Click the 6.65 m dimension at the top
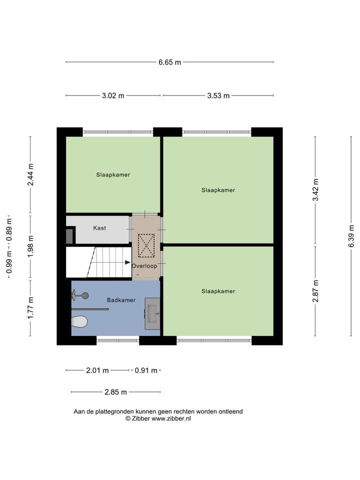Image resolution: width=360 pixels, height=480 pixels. (x=169, y=62)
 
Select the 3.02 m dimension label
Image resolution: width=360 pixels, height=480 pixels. (x=113, y=96)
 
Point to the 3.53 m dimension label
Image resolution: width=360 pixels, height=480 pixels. (x=218, y=96)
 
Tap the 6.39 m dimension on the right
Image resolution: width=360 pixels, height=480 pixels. (x=352, y=235)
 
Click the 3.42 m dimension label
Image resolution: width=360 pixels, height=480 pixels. (x=315, y=190)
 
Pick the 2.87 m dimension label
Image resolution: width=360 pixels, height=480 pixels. (x=315, y=290)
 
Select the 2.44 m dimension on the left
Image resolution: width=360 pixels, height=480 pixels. (x=30, y=175)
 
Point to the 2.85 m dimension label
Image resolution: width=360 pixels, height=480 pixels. (x=115, y=392)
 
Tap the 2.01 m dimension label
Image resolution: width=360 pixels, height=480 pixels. (x=97, y=370)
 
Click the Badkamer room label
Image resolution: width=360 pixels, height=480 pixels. (x=121, y=300)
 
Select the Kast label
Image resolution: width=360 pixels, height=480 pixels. (x=99, y=228)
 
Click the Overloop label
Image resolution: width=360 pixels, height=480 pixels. (x=144, y=266)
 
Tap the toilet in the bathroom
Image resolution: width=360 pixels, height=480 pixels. (x=79, y=321)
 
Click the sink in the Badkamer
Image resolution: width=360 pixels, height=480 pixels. (x=152, y=313)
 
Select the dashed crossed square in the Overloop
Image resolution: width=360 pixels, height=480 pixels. (x=146, y=245)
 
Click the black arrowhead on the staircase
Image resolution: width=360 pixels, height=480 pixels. (x=128, y=262)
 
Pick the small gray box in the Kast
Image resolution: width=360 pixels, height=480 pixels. (x=69, y=236)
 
